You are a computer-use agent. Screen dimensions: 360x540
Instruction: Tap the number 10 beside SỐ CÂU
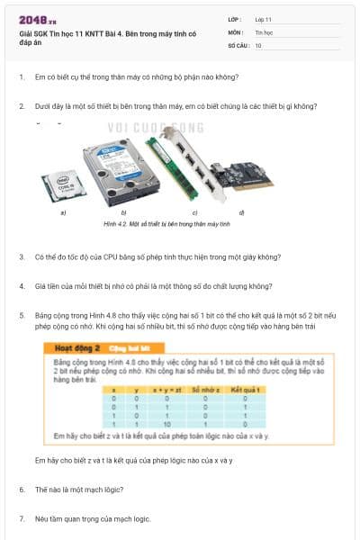pyautogui.click(x=258, y=44)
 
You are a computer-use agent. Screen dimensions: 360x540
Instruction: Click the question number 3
pyautogui.click(x=22, y=256)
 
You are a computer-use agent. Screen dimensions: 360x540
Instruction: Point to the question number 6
pyautogui.click(x=22, y=490)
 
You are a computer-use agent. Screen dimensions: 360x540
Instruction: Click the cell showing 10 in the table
pyautogui.click(x=166, y=422)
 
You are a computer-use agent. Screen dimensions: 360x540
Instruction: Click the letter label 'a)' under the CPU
pyautogui.click(x=63, y=213)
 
